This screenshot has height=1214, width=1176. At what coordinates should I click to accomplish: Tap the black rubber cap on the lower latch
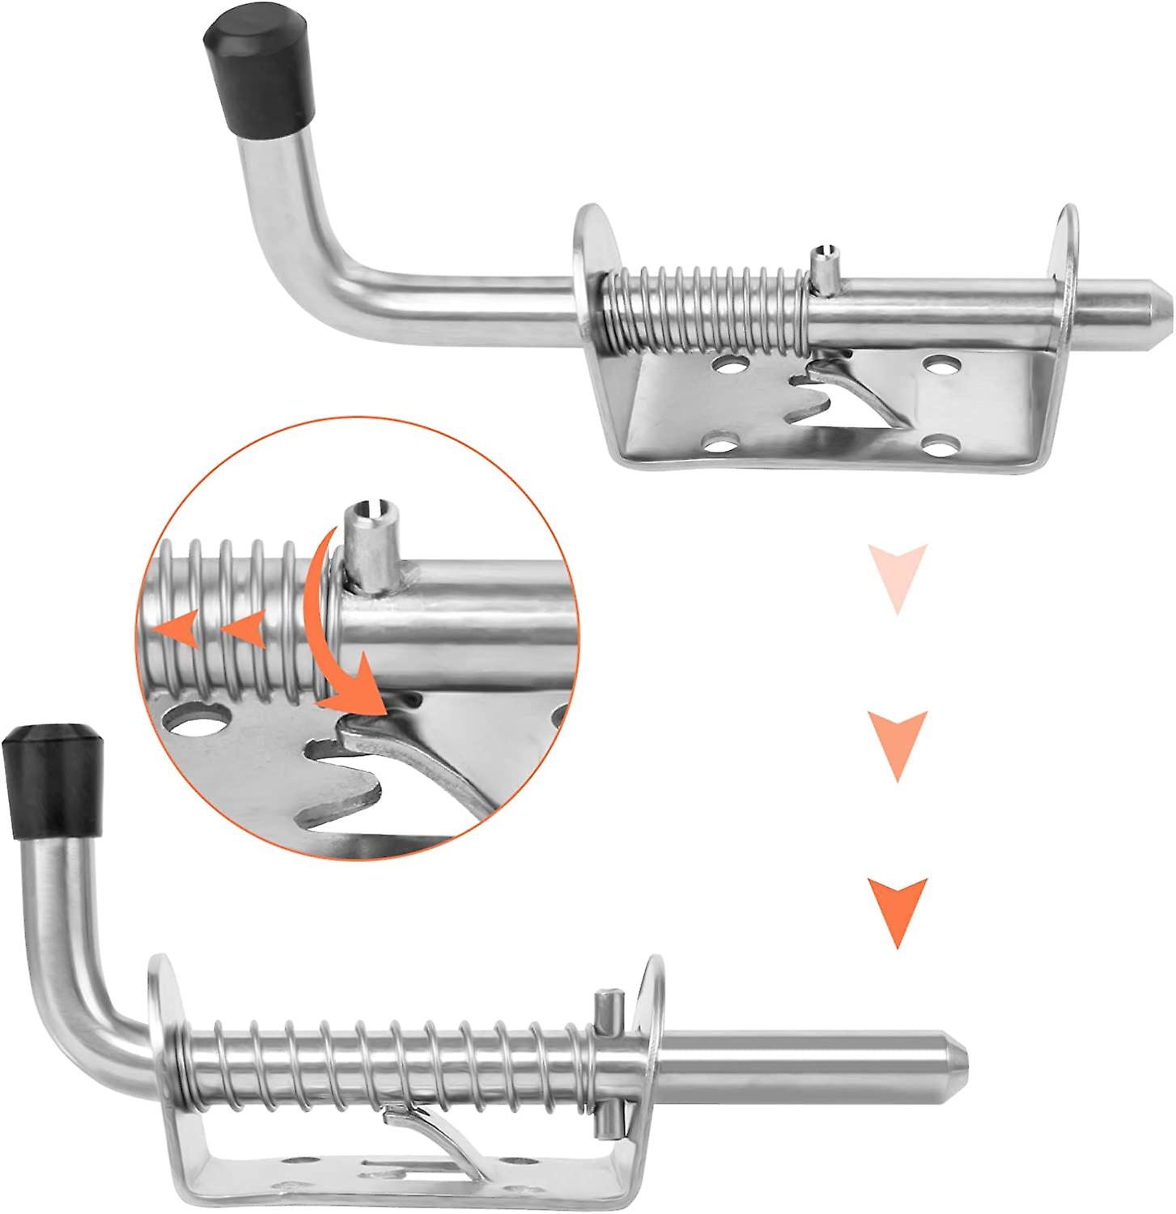click(x=55, y=778)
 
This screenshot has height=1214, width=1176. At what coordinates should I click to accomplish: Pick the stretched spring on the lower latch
click(x=388, y=1060)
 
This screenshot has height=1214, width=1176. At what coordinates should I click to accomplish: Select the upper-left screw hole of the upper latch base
click(x=731, y=366)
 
